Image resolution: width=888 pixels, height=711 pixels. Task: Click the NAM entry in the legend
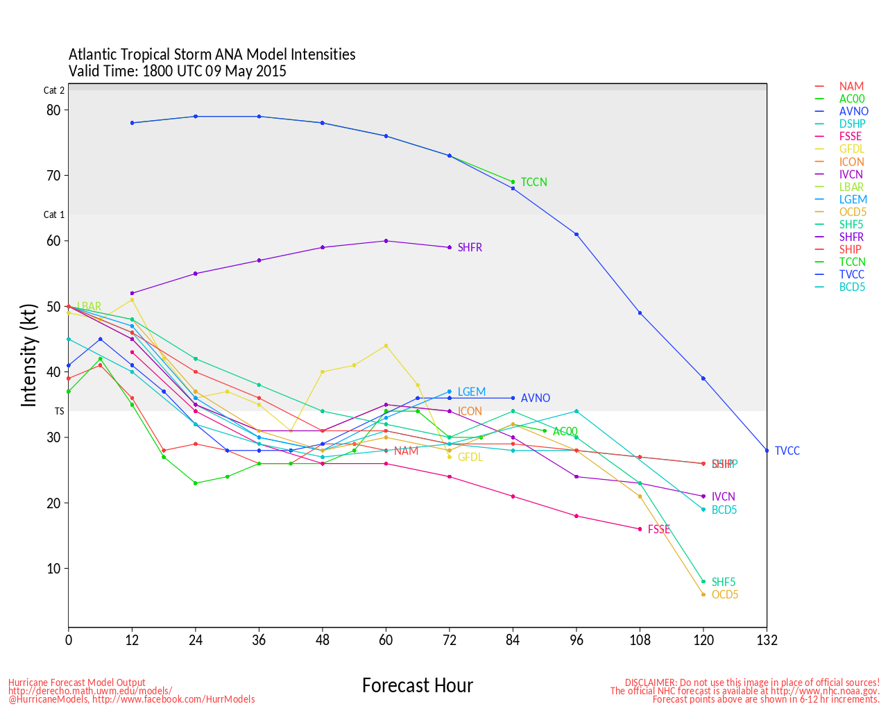click(851, 87)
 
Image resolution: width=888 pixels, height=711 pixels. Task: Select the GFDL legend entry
click(851, 149)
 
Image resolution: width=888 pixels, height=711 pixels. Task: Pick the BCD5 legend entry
click(852, 287)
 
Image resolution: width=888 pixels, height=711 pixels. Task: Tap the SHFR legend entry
click(851, 237)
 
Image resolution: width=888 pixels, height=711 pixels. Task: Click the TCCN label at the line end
click(533, 182)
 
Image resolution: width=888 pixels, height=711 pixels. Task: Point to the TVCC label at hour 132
click(787, 451)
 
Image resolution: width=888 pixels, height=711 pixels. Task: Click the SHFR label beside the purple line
click(470, 247)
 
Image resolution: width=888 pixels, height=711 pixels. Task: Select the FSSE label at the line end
click(658, 529)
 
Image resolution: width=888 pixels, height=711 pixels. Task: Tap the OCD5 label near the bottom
click(724, 594)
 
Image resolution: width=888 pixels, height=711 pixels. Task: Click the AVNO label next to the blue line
click(535, 398)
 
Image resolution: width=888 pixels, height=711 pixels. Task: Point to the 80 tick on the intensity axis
click(53, 110)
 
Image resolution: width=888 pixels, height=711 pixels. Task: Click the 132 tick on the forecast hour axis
click(767, 640)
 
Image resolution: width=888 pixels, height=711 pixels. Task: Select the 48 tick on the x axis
click(323, 640)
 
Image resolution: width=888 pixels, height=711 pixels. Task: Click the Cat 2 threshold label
click(54, 90)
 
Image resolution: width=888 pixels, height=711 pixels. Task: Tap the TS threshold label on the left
click(60, 411)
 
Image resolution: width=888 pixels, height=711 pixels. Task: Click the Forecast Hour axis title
click(417, 685)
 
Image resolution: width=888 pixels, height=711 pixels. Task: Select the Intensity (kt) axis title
click(28, 355)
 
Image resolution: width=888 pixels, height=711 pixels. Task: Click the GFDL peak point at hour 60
click(386, 346)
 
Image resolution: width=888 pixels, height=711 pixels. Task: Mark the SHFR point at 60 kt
click(386, 241)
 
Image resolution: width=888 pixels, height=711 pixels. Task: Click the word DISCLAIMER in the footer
click(650, 683)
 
